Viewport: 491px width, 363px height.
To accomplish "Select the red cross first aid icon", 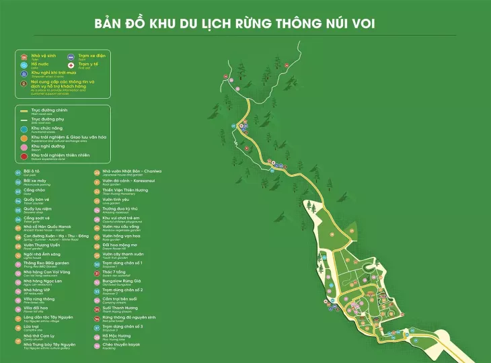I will (x=72, y=65).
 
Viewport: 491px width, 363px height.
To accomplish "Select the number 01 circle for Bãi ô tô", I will (x=18, y=172).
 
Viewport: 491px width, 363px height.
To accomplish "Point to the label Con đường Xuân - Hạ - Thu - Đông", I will (x=55, y=236).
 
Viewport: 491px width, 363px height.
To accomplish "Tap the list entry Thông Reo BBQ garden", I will (x=47, y=263).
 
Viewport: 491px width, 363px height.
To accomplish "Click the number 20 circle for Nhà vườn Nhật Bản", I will (x=97, y=172).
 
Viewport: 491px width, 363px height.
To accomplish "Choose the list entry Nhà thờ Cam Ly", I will (x=40, y=335).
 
